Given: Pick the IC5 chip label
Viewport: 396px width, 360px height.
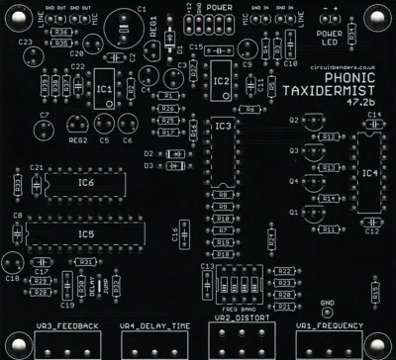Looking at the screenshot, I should pos(87,233).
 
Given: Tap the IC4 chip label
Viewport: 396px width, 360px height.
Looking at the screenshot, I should pos(369,174).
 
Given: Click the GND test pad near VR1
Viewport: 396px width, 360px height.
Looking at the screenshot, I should pos(327,311).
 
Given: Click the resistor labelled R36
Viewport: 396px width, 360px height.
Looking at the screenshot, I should pos(59,33).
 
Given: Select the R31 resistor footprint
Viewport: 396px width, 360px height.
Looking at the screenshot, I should pos(86,261).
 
